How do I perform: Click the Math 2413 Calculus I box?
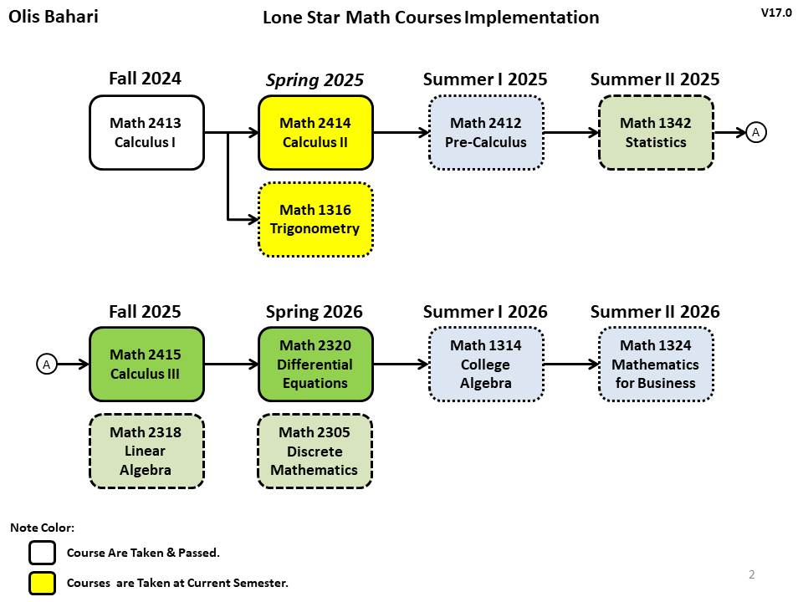click(146, 133)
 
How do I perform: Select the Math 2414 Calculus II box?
click(315, 133)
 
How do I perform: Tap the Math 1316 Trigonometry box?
click(315, 220)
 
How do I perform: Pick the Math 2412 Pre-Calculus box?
click(485, 133)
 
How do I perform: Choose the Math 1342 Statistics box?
click(656, 133)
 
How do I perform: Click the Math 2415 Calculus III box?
click(146, 365)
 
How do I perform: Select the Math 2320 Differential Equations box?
click(315, 365)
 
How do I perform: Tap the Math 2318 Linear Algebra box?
click(146, 451)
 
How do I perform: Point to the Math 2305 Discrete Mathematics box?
click(315, 451)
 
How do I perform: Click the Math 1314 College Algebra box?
click(485, 365)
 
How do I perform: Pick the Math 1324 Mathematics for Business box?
click(656, 365)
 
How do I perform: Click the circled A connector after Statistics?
click(756, 133)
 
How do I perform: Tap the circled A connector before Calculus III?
click(47, 365)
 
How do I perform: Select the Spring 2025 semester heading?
click(315, 80)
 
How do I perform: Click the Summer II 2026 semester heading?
click(655, 311)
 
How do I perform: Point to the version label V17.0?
click(776, 13)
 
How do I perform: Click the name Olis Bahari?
click(54, 17)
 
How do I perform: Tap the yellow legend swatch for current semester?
click(43, 583)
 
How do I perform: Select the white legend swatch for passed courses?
click(43, 553)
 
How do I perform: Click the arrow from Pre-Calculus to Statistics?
click(571, 133)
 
